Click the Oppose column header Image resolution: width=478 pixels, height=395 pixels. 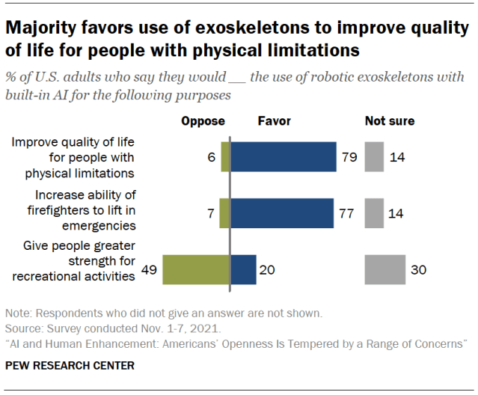point(203,120)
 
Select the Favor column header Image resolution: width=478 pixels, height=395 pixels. point(274,120)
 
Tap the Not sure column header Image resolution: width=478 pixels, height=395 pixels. point(390,120)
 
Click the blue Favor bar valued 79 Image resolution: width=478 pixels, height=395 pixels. point(284,157)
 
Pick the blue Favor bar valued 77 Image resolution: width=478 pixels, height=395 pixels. point(282,213)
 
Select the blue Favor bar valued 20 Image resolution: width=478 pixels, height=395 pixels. point(243,269)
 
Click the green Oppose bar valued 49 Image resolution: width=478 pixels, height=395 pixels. point(196,269)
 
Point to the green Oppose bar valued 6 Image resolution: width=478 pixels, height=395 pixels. point(225,157)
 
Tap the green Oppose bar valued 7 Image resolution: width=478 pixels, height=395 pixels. point(224,213)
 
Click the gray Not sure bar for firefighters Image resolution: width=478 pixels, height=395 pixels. point(374,213)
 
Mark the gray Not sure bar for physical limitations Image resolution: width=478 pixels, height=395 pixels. point(374,157)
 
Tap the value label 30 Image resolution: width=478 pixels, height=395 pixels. point(418,270)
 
